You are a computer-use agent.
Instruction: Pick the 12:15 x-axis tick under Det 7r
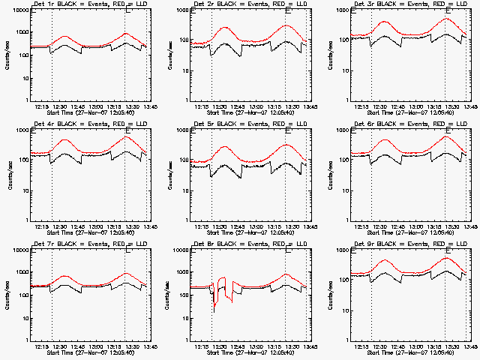[42, 346]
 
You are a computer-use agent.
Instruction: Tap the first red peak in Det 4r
[65, 139]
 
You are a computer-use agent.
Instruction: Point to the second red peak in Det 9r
[448, 258]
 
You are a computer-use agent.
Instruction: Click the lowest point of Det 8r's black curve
[214, 310]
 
